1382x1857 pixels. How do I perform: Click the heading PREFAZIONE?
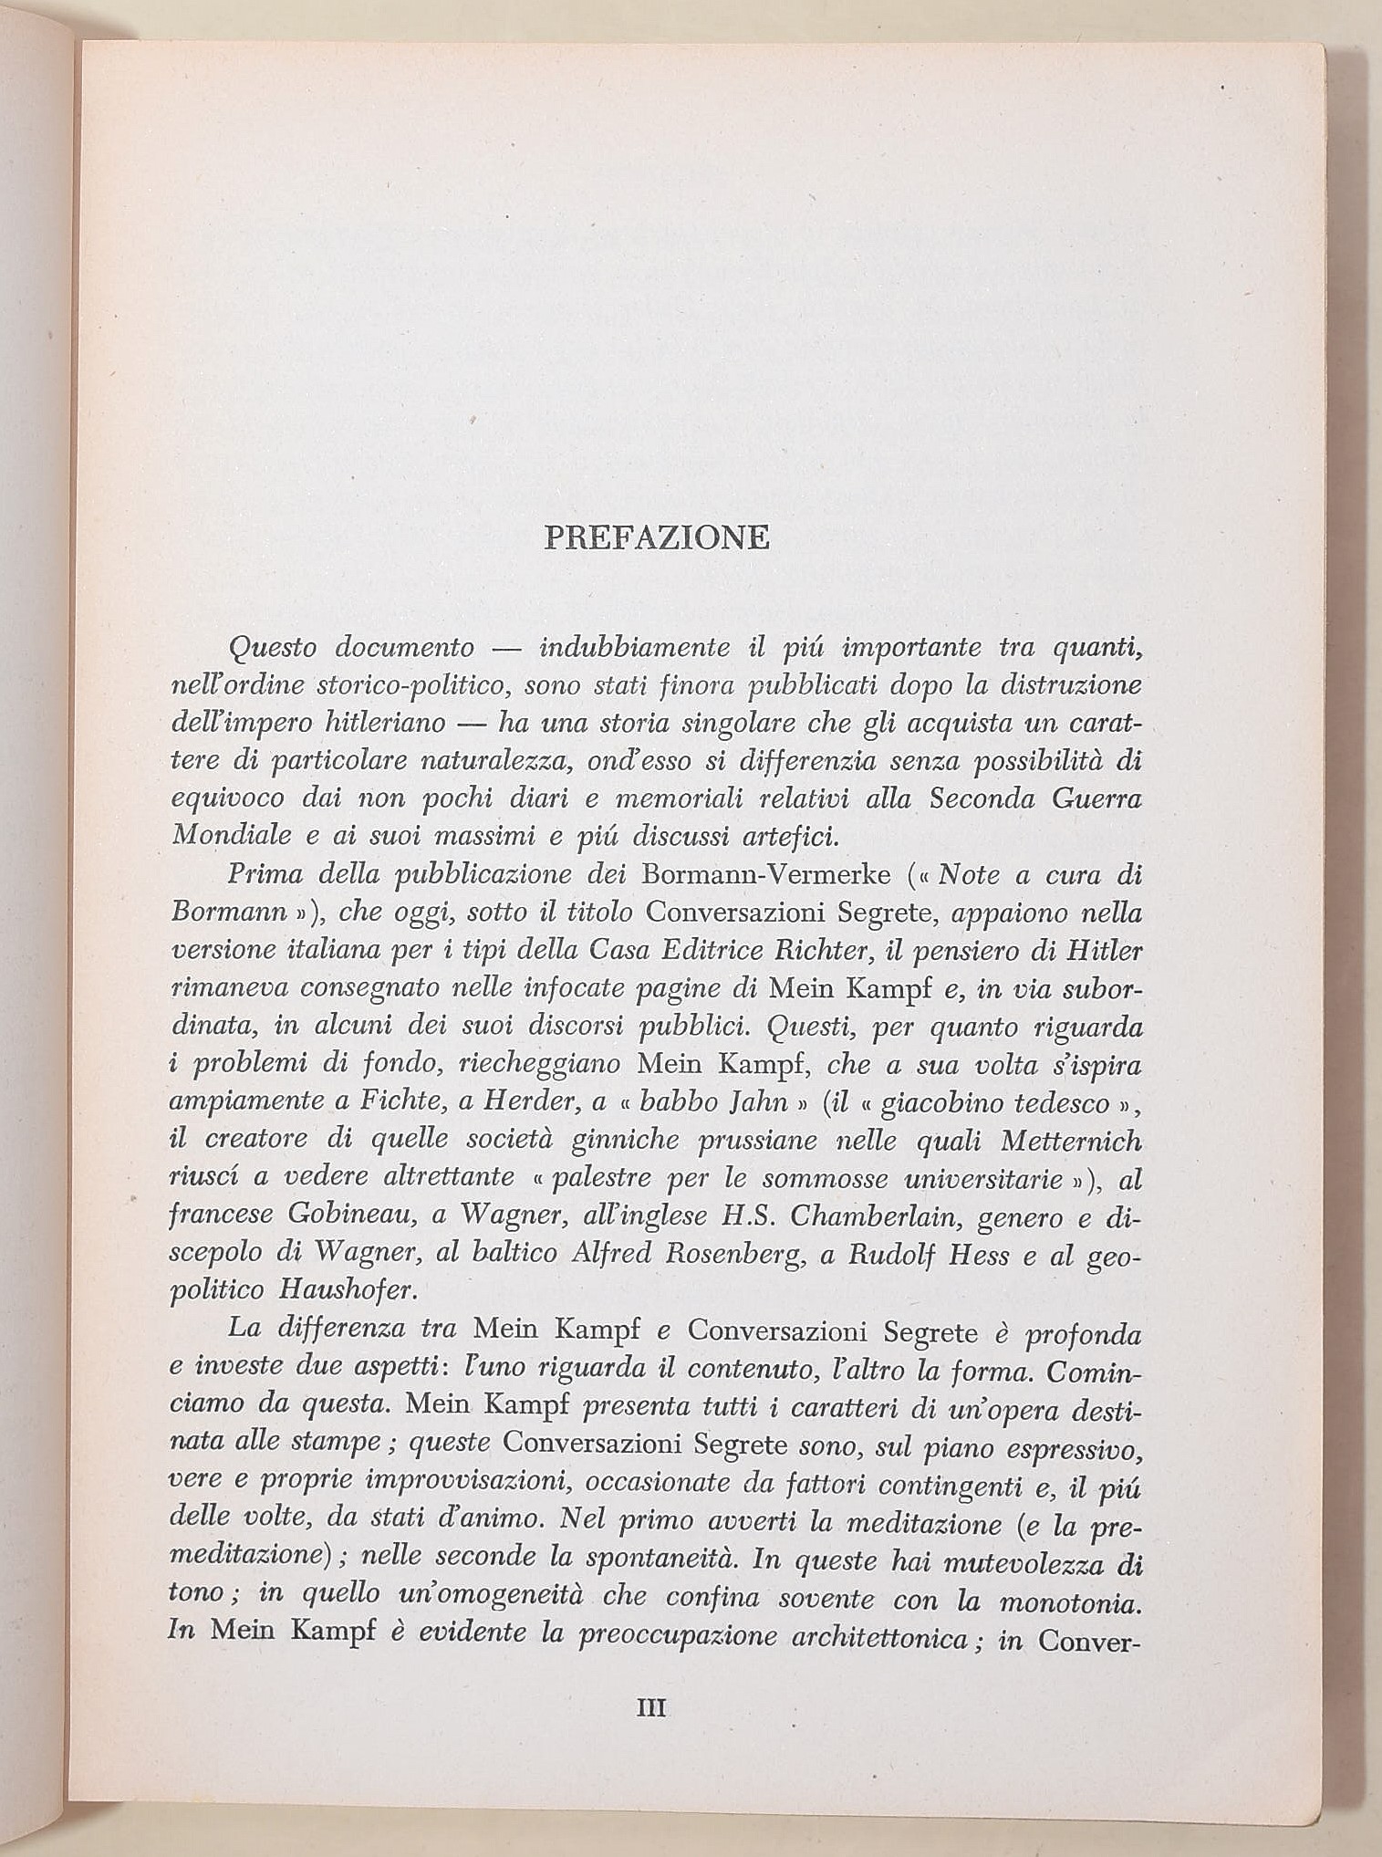point(656,537)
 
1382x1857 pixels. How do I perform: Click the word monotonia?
point(1075,1599)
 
